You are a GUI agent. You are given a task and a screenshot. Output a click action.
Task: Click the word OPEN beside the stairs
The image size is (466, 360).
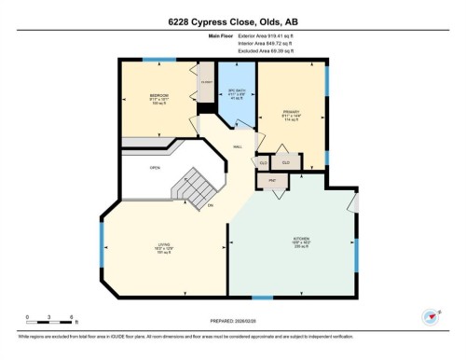click(155, 168)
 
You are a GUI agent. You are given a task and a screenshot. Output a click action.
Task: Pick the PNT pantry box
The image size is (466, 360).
click(273, 179)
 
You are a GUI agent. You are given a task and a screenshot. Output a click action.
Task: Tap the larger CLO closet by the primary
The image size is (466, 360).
click(286, 162)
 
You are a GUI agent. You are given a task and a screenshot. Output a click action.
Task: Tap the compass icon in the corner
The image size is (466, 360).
click(431, 317)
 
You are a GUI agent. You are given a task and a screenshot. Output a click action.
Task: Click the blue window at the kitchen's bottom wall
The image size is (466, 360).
click(263, 297)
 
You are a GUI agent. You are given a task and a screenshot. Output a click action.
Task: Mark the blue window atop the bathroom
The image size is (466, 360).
click(232, 62)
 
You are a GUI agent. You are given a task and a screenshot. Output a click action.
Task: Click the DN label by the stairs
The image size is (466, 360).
click(212, 205)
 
